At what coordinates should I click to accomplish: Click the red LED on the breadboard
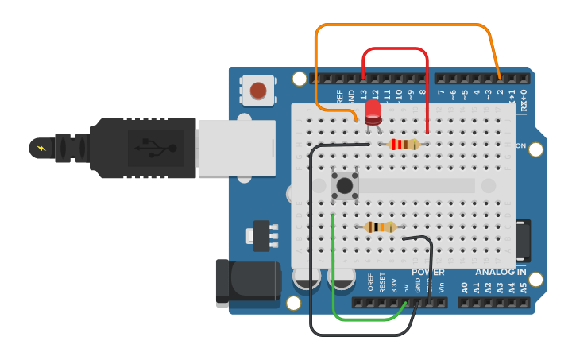(373, 111)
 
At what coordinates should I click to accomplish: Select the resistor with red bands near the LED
(404, 144)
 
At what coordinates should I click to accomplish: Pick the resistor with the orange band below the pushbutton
(381, 227)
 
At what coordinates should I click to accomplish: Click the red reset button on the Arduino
(258, 90)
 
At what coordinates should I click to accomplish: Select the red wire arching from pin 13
(396, 49)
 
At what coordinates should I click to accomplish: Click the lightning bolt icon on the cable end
(41, 148)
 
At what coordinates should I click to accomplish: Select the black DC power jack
(247, 282)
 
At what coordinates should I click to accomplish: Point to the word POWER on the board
(427, 273)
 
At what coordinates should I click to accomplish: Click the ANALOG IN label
(501, 273)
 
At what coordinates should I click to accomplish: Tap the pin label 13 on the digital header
(363, 95)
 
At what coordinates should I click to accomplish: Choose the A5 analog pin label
(523, 287)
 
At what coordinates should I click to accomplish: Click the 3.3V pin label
(394, 285)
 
